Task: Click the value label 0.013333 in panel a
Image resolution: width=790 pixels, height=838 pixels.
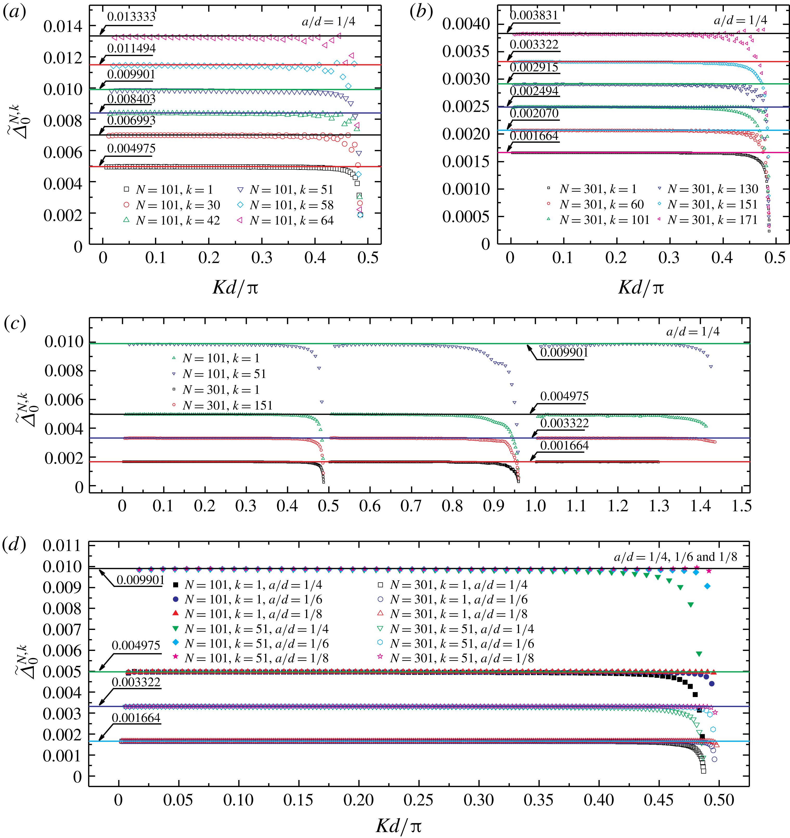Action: (131, 17)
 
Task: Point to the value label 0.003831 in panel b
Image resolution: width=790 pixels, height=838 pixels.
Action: (534, 16)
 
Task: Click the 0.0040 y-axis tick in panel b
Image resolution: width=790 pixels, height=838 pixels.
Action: (466, 24)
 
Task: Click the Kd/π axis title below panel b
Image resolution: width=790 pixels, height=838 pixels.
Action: (641, 288)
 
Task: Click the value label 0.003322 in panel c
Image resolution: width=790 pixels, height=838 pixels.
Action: (564, 423)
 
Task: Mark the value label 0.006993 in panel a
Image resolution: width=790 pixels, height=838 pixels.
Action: (131, 121)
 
